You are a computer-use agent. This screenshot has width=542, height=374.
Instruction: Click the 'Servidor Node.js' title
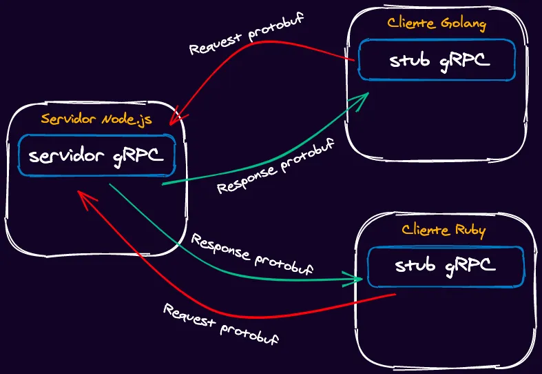(96, 119)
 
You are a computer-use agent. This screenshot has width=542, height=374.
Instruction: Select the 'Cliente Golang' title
(437, 23)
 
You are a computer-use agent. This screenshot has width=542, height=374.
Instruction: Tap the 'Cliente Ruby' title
(444, 230)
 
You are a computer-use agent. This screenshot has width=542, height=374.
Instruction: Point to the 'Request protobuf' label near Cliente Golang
(247, 34)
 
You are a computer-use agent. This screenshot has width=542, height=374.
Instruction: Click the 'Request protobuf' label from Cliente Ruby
(221, 324)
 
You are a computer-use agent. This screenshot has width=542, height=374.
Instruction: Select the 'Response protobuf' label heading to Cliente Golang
(276, 166)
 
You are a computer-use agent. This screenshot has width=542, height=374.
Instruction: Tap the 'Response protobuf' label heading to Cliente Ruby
(252, 254)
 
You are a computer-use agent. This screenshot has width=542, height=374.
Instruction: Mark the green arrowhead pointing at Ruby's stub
(353, 279)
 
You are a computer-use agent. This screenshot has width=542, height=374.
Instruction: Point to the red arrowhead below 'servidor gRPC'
(85, 199)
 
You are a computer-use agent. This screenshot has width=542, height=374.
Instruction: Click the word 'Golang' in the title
(463, 24)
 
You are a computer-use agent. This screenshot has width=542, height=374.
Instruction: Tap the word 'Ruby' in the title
(470, 231)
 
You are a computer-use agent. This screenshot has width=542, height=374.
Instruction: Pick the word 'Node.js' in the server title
(127, 120)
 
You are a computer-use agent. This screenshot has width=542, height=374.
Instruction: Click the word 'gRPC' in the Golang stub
(465, 61)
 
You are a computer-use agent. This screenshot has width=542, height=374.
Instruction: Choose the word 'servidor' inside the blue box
(66, 156)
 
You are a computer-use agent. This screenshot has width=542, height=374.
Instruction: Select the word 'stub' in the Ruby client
(415, 265)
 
